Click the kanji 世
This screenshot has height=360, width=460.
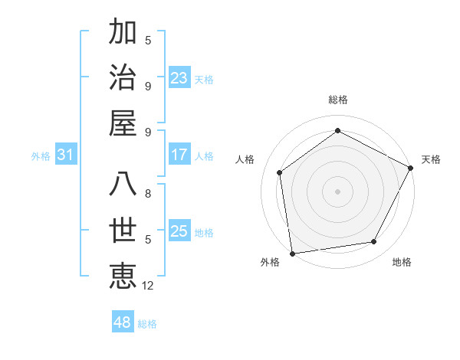[x=123, y=231]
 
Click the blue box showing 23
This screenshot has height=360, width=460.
[x=179, y=78]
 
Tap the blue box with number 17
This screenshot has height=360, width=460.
[x=179, y=155]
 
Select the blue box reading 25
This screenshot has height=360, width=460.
[x=179, y=231]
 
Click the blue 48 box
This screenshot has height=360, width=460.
[x=123, y=322]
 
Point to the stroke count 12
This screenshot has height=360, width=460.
[x=149, y=286]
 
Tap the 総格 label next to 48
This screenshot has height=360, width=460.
[x=147, y=324]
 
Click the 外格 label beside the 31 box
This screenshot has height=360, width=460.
[x=41, y=156]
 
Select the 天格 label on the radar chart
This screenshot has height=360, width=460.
[x=431, y=159]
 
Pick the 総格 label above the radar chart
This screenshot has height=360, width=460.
[x=338, y=100]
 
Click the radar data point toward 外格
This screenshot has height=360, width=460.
[x=291, y=253]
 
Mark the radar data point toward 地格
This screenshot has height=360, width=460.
[x=374, y=241]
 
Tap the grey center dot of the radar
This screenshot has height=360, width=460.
[x=337, y=191]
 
